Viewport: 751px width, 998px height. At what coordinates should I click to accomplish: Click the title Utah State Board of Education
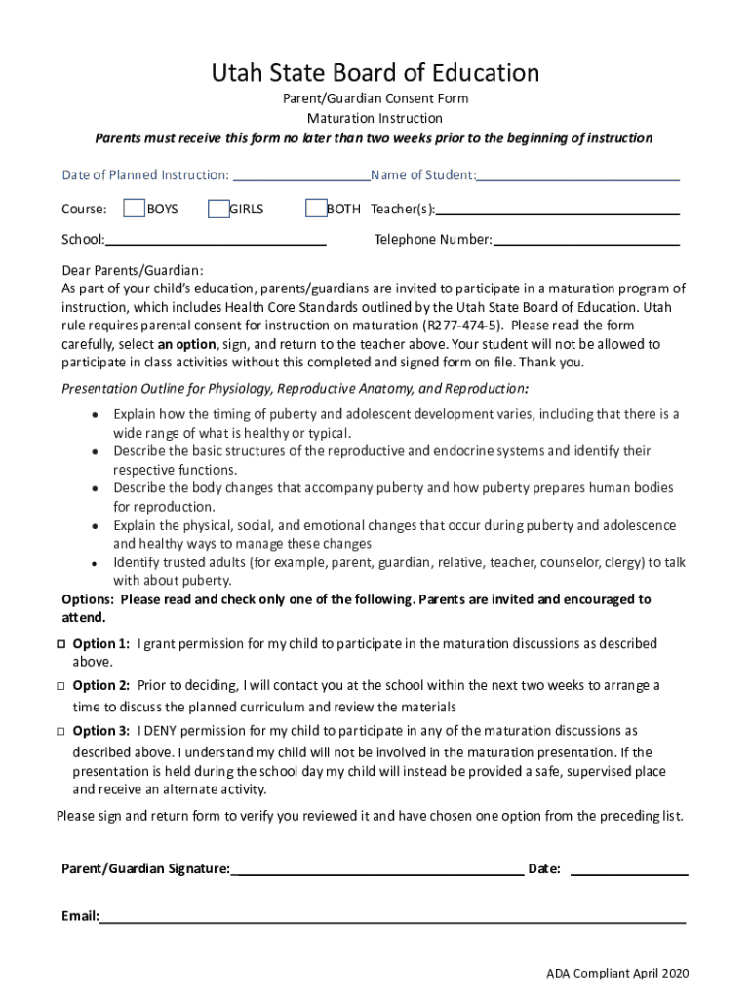tap(375, 73)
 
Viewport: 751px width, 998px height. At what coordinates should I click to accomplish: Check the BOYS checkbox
tap(134, 209)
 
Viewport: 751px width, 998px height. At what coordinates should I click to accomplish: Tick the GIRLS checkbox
tap(218, 209)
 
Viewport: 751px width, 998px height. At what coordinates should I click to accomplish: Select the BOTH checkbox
tap(315, 209)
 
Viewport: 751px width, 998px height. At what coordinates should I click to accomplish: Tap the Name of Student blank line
tap(577, 177)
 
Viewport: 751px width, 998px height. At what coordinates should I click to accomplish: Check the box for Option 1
tap(60, 644)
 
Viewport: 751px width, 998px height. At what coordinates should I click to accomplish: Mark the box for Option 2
tap(60, 686)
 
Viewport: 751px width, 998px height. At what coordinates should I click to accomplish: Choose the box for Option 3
tap(60, 731)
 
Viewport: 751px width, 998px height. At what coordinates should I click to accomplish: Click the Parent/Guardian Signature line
tap(377, 871)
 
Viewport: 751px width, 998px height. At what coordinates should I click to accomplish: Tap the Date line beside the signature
tap(628, 871)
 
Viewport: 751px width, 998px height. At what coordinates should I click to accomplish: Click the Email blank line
tap(392, 918)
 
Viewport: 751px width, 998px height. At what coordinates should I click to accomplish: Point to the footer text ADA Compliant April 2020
tap(617, 974)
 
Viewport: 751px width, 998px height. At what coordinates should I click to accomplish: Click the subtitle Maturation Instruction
tap(375, 118)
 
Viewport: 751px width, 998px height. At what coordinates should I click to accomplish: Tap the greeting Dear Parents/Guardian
tap(133, 270)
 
